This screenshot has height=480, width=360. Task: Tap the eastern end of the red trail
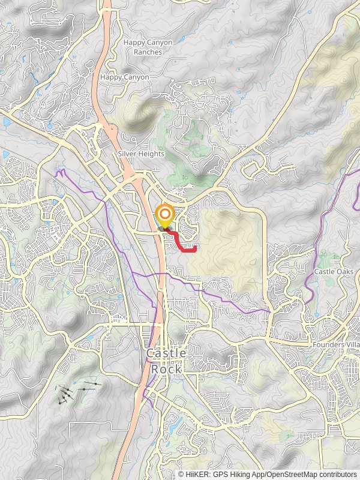[196, 247]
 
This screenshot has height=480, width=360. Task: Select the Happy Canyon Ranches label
[147, 47]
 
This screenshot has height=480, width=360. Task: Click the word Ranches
[148, 52]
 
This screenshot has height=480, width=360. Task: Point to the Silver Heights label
[141, 154]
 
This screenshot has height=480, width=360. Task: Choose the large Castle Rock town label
[166, 361]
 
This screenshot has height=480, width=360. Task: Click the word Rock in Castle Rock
[166, 369]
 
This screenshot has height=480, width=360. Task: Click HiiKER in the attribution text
[197, 475]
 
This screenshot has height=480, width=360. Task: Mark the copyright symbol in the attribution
[181, 475]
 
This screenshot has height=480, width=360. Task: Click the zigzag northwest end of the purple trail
[58, 173]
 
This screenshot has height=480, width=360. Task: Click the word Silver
[128, 154]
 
